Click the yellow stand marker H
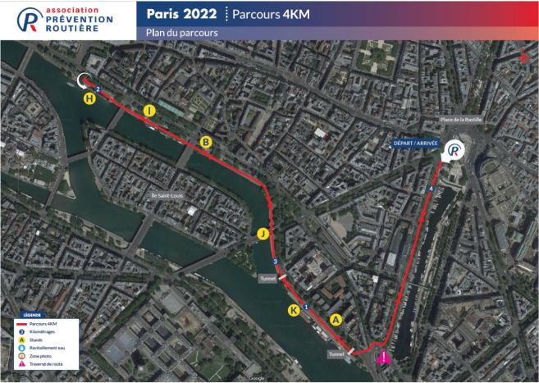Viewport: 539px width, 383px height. (x=89, y=99)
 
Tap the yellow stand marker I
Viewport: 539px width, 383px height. (x=149, y=111)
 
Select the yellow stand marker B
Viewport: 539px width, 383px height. (x=207, y=142)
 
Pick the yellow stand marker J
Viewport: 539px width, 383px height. (x=263, y=234)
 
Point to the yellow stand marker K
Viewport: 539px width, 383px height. (x=294, y=310)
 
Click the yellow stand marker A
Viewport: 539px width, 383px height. (x=335, y=319)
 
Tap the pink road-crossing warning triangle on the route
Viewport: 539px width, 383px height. (x=383, y=357)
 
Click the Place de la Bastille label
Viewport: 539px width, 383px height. (x=465, y=121)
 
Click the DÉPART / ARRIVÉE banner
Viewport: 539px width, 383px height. (x=416, y=143)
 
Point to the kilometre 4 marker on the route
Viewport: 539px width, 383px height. (x=431, y=190)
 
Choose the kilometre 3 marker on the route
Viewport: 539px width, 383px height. (x=275, y=262)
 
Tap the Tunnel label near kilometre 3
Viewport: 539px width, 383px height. (x=268, y=278)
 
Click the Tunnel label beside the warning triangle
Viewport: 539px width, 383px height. (x=336, y=354)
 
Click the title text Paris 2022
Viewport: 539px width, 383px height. (x=182, y=14)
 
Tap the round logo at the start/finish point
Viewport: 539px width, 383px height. (x=453, y=151)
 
